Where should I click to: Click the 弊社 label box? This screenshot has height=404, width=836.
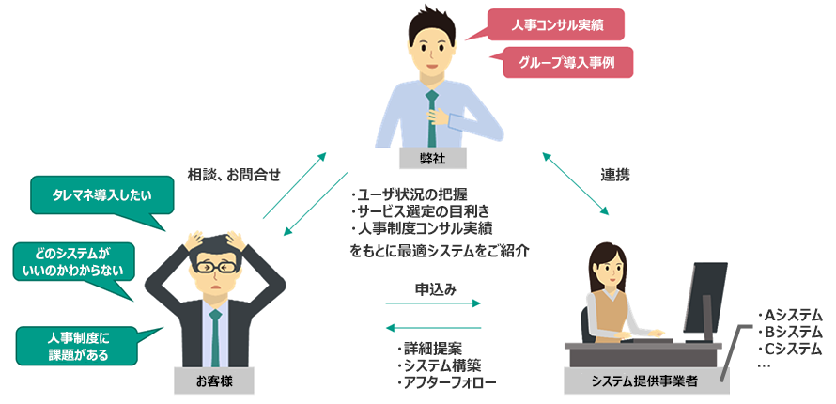[433, 158]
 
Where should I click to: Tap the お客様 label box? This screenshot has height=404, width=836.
[213, 381]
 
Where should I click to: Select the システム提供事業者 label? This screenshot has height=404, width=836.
[643, 381]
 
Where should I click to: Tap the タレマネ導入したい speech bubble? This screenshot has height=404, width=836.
[102, 194]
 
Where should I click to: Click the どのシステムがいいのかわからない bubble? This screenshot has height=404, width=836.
[73, 262]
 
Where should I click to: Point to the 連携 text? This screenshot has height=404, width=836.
[615, 174]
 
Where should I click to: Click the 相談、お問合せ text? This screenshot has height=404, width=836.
[234, 174]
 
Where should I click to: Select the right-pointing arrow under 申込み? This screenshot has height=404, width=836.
[433, 303]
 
